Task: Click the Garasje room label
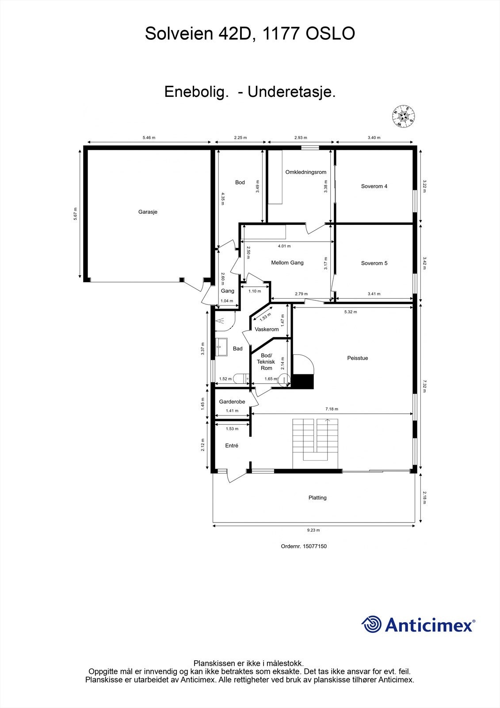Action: (x=148, y=212)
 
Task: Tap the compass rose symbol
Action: (x=403, y=116)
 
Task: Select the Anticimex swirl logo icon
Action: (x=371, y=624)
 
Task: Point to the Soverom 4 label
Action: (x=374, y=186)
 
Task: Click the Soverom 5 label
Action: (x=374, y=263)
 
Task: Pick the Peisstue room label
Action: (x=357, y=358)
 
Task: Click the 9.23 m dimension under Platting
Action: (x=313, y=530)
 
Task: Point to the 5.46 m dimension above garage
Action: (x=149, y=138)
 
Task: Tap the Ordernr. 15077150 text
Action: (x=304, y=546)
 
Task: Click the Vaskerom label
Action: (x=267, y=329)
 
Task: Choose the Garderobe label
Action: (x=232, y=402)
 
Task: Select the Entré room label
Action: (x=232, y=446)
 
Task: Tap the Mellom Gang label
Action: (x=287, y=263)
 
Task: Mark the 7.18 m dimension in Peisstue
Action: (x=332, y=409)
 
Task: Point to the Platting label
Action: (x=317, y=498)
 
